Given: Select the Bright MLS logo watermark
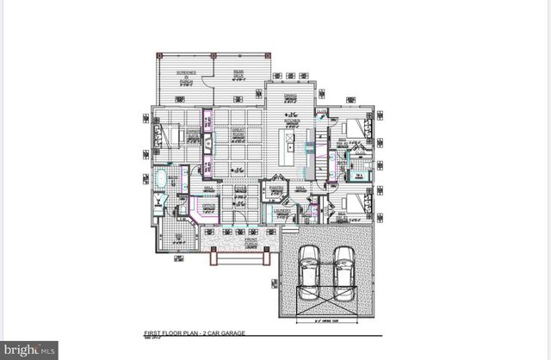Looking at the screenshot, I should click(x=29, y=349).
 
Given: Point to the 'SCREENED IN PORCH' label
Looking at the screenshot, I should click(x=187, y=77).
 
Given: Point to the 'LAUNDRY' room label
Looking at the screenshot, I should click(x=280, y=209).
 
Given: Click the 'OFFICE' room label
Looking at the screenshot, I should click(x=208, y=206).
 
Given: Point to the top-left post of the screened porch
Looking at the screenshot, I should click(x=158, y=56).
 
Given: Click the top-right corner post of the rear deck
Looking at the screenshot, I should click(x=267, y=56).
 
